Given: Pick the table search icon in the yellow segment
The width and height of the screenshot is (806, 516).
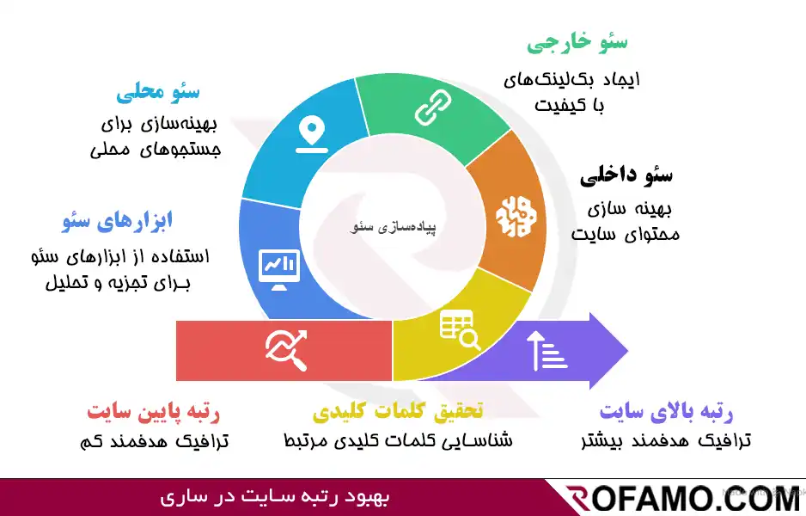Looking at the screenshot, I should (460, 329).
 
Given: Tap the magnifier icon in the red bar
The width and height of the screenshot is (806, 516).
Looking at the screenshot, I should (286, 349).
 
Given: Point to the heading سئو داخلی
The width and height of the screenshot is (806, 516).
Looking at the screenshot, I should (626, 176).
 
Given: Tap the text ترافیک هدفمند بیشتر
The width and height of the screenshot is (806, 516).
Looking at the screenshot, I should (665, 440).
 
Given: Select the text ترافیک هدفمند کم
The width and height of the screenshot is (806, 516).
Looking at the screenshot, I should (153, 440).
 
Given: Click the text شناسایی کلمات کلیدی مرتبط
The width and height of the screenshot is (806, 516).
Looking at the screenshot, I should (398, 440).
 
